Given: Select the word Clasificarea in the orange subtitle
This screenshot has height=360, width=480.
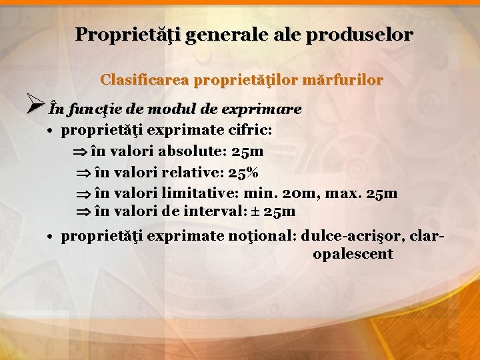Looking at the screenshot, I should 144,80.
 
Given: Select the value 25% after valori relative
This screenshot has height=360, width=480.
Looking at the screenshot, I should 243,173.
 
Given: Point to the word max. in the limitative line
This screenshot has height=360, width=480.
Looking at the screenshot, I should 341,193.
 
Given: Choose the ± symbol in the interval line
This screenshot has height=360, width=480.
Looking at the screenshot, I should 255,213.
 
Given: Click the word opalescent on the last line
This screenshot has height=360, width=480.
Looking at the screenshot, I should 353,255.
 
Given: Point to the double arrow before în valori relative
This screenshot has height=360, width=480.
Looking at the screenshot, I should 83,173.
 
